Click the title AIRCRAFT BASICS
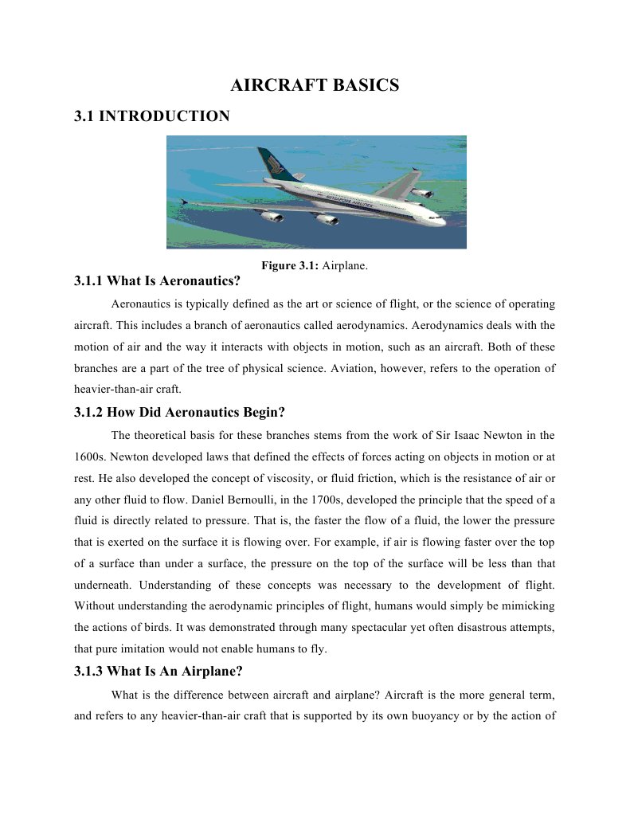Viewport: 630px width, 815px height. [315, 85]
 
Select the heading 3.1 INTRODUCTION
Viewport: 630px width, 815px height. [151, 116]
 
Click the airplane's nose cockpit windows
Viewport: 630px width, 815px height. [436, 214]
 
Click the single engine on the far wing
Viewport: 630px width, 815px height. [421, 192]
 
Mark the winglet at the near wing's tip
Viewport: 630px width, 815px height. [185, 202]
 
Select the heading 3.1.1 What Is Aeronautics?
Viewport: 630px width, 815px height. [156, 280]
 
